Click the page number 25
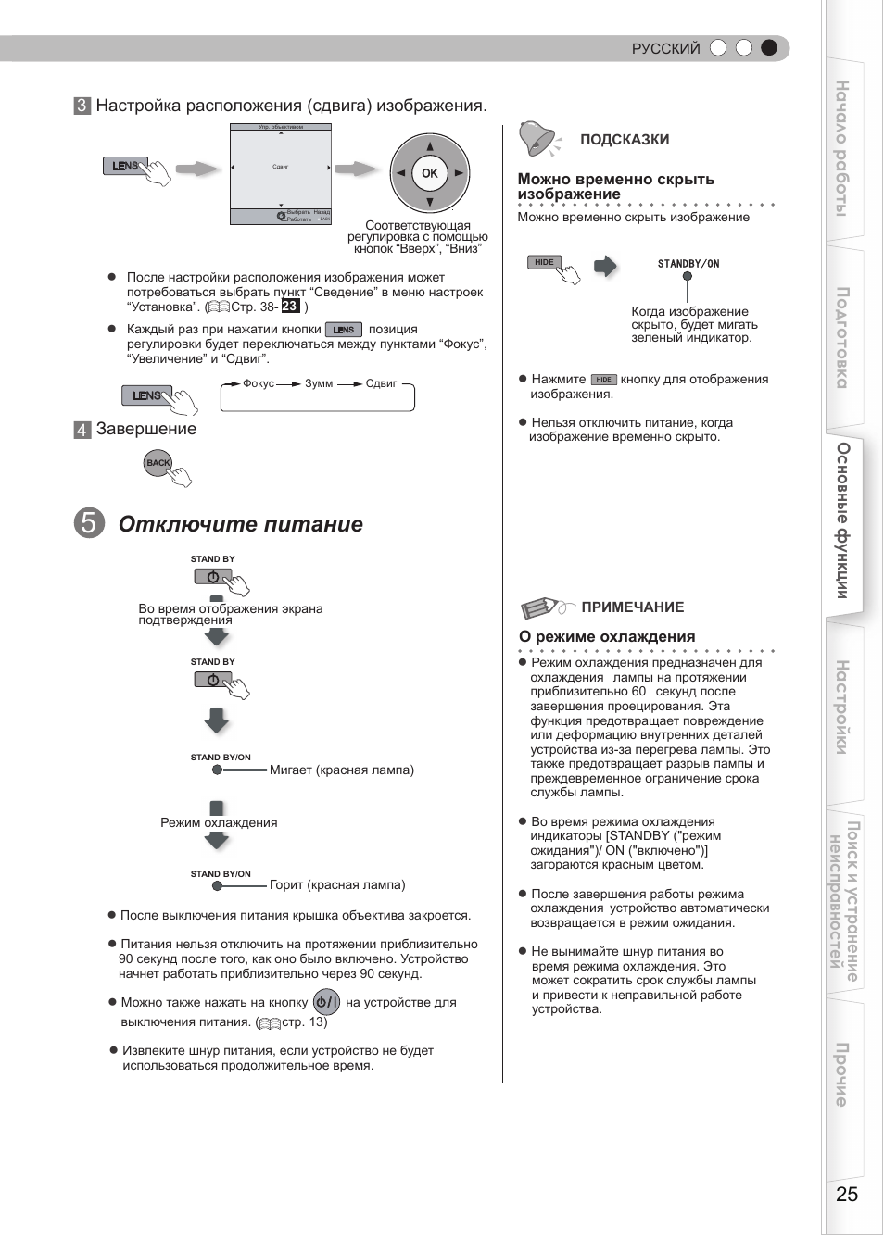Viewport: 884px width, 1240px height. (x=846, y=1194)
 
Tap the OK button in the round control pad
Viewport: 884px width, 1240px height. (x=429, y=173)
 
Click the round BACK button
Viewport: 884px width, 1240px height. (x=158, y=463)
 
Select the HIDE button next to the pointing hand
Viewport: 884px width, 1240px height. (x=544, y=262)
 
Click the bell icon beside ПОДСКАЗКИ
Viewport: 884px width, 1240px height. (x=537, y=139)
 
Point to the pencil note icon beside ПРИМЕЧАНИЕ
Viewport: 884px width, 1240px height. (x=542, y=607)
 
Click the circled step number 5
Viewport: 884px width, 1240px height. (x=89, y=523)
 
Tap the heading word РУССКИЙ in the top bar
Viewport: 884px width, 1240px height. (x=665, y=48)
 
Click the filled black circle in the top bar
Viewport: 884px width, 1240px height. (x=768, y=48)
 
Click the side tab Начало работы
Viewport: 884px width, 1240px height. (x=843, y=148)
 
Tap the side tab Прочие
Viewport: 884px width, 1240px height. (x=843, y=1074)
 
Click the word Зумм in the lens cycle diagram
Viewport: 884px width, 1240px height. (x=319, y=383)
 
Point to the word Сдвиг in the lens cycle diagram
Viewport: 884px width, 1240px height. (x=381, y=383)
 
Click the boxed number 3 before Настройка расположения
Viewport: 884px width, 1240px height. (x=82, y=106)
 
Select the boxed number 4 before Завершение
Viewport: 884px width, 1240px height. (x=82, y=430)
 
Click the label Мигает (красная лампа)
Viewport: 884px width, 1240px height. (x=341, y=770)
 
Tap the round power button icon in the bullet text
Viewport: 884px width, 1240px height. (x=326, y=1002)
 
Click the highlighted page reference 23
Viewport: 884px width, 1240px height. (x=290, y=307)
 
